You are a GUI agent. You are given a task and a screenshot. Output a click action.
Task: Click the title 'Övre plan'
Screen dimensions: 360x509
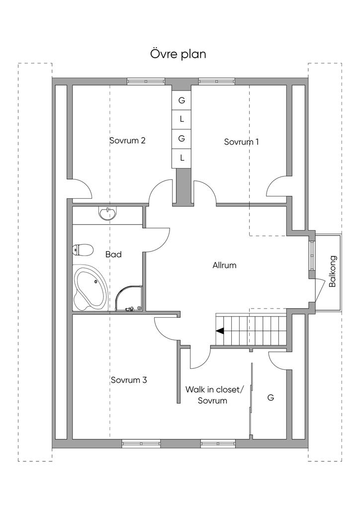pyautogui.click(x=178, y=54)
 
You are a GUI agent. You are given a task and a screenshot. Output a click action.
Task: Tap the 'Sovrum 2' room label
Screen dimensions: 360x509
pyautogui.click(x=127, y=141)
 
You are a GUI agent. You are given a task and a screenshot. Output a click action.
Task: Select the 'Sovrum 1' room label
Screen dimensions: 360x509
pyautogui.click(x=242, y=142)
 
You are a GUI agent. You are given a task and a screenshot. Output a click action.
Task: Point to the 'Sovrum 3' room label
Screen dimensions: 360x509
pyautogui.click(x=129, y=380)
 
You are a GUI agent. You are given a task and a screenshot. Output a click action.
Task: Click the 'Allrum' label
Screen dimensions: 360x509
pyautogui.click(x=224, y=265)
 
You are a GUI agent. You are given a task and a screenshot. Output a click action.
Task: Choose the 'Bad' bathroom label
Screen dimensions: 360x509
pyautogui.click(x=113, y=254)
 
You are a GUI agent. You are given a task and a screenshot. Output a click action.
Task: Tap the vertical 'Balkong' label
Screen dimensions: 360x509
pyautogui.click(x=333, y=271)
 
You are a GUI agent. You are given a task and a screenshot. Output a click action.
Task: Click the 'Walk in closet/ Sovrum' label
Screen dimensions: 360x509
pyautogui.click(x=214, y=395)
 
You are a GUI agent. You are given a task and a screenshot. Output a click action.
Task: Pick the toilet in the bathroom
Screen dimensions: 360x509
pyautogui.click(x=83, y=250)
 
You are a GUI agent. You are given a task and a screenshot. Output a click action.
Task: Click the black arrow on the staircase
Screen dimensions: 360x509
pyautogui.click(x=220, y=331)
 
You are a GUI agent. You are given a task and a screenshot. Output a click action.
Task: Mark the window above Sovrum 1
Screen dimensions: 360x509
pyautogui.click(x=216, y=81)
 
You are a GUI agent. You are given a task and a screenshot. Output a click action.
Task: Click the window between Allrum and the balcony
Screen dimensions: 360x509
pyautogui.click(x=312, y=255)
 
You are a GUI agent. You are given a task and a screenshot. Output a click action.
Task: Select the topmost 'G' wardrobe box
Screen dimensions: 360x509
pyautogui.click(x=182, y=100)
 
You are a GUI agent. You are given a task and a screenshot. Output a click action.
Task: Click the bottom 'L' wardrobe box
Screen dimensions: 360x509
pyautogui.click(x=182, y=158)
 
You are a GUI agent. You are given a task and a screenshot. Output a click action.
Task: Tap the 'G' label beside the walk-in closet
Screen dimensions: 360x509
pyautogui.click(x=270, y=397)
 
